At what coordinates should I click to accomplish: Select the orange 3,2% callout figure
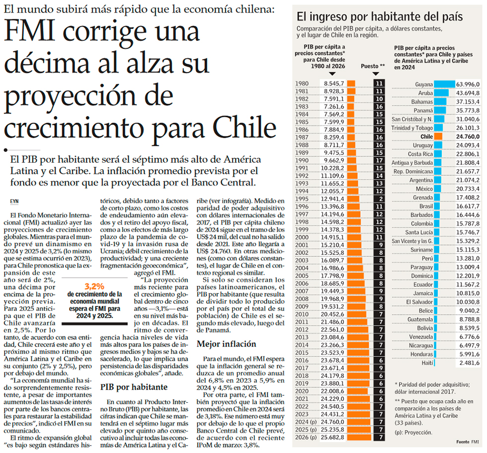click(94, 286)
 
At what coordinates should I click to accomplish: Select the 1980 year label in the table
click(302, 83)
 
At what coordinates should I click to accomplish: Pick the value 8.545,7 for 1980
click(333, 83)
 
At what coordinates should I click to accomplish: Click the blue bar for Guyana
click(445, 84)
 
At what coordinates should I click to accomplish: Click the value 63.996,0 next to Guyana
click(468, 84)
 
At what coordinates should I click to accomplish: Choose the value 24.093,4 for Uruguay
click(468, 145)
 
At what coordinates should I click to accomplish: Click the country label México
click(424, 189)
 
